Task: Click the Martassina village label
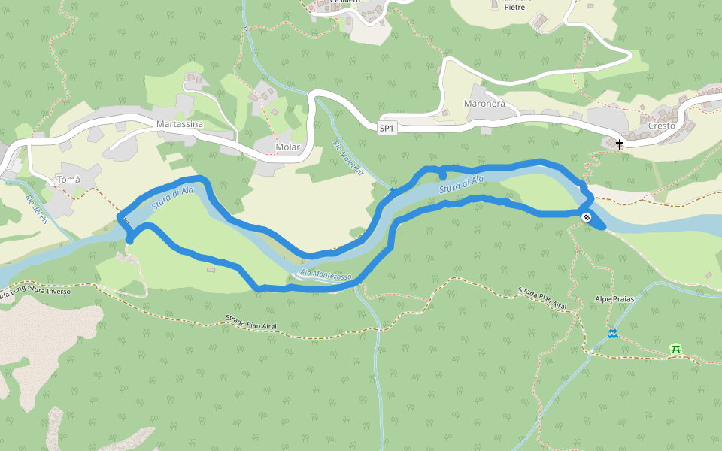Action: (180, 123)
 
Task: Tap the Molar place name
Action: (288, 147)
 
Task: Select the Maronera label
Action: (484, 104)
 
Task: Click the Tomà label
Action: (68, 180)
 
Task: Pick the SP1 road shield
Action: (387, 129)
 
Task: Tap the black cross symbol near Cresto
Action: (620, 143)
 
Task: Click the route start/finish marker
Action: (587, 217)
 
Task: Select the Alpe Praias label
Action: (616, 299)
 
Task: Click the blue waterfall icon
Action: (613, 333)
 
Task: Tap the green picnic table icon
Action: (675, 349)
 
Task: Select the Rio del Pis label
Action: (38, 209)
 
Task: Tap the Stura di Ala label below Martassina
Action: (172, 197)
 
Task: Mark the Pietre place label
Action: (514, 7)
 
